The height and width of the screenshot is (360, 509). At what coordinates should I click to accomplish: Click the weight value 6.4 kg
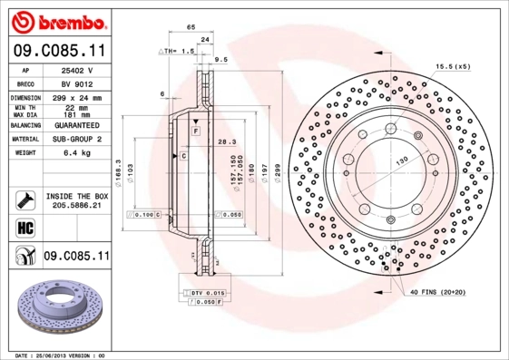coord(75,154)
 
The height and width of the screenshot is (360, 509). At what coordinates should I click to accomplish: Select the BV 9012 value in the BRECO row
coord(75,82)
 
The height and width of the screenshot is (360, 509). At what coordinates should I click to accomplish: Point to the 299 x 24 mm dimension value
coord(75,95)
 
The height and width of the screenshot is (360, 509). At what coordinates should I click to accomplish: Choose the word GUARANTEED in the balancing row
coord(75,124)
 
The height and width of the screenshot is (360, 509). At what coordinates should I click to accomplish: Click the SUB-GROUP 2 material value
coord(75,140)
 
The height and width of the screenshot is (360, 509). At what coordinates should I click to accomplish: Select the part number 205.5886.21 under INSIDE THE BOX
coord(75,206)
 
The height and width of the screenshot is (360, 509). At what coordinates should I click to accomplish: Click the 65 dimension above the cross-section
coord(191,28)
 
